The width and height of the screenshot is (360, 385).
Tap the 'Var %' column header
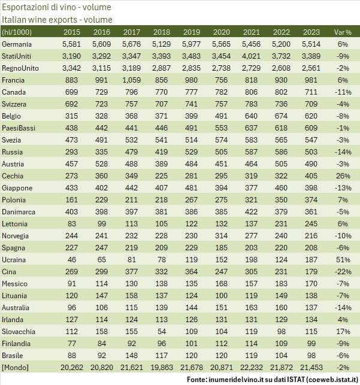click(343, 32)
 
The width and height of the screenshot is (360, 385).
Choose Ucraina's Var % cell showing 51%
click(343, 260)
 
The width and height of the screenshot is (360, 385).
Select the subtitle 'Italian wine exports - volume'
click(53, 20)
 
